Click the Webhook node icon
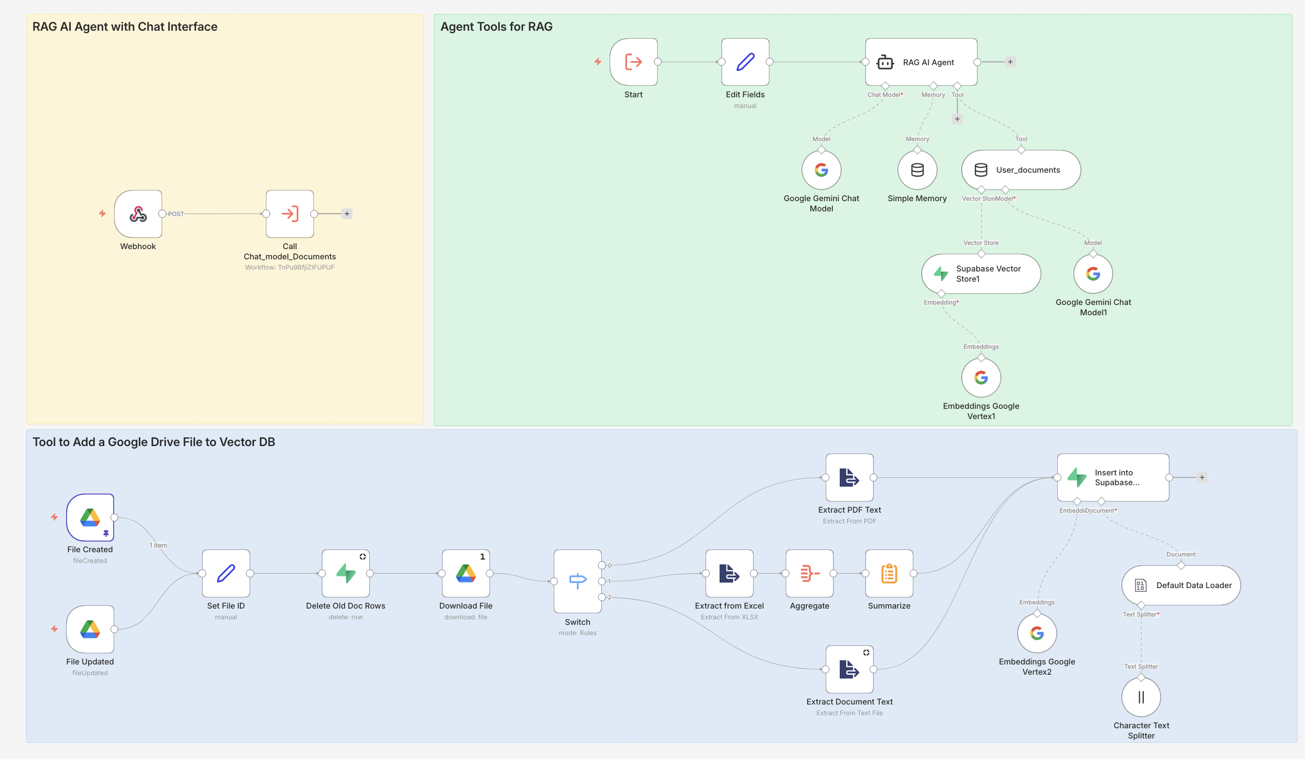pos(138,214)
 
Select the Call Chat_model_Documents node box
pos(290,214)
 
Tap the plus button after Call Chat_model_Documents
pos(347,214)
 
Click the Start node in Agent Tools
pos(633,62)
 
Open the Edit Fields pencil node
pos(745,62)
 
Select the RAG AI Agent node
pos(921,62)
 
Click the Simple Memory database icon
pos(917,170)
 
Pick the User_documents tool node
pos(1021,170)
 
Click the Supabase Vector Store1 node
pos(981,273)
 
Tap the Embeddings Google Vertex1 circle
pos(981,378)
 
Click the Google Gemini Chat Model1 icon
pos(1093,273)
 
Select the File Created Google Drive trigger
pos(90,517)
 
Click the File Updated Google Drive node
pos(90,629)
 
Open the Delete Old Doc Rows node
pos(346,573)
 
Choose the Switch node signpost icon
pos(578,581)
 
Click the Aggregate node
pos(809,573)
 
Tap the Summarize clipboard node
pos(889,573)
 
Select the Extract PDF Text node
pos(850,477)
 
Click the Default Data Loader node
pos(1181,585)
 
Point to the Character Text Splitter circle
pos(1141,697)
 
